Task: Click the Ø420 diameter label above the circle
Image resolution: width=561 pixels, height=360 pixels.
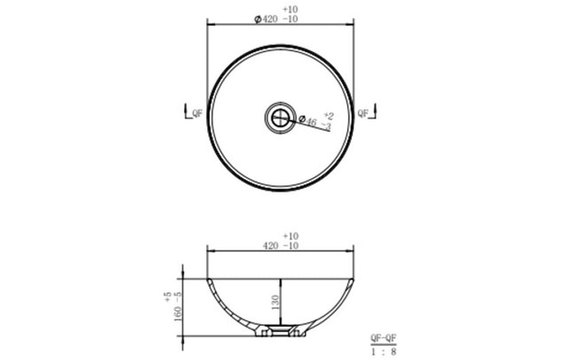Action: tap(266, 20)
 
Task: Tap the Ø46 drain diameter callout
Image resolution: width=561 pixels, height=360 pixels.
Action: tap(308, 121)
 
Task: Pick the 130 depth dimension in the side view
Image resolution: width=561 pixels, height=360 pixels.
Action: tap(275, 302)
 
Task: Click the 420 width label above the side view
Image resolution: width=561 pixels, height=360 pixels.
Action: tap(271, 246)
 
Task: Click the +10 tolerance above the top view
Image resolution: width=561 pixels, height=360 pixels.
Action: tap(289, 9)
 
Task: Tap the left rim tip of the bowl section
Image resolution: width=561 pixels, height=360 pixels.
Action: tap(208, 280)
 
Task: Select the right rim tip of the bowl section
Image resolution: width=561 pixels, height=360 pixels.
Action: tap(353, 280)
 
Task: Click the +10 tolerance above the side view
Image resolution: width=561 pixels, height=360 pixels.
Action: tap(290, 236)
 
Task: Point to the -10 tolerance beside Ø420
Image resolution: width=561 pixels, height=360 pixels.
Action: tap(290, 20)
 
